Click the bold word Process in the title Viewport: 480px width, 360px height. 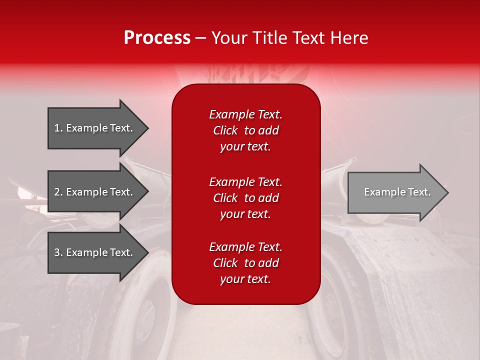157,38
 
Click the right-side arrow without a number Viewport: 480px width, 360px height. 395,192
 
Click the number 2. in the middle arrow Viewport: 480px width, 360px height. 58,192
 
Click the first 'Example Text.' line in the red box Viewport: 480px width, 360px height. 245,114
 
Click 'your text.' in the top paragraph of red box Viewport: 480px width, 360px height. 245,146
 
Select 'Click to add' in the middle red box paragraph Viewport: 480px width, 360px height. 245,198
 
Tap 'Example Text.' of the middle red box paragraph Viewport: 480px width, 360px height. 245,181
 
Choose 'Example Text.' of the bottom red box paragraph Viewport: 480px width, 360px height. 245,247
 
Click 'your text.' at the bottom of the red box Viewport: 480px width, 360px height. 245,279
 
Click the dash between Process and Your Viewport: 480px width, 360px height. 201,38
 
